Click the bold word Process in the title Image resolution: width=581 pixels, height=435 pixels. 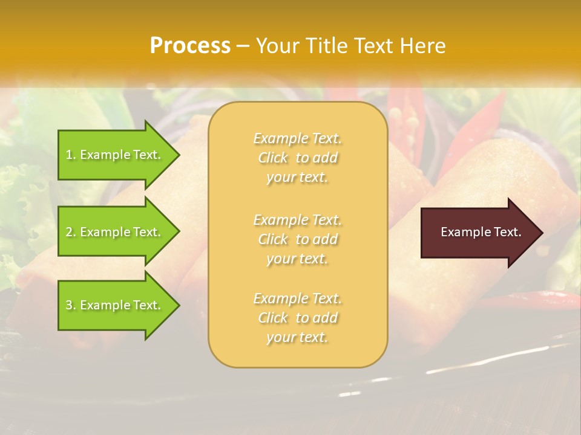[x=190, y=46]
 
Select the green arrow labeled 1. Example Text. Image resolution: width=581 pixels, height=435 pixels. [x=115, y=155]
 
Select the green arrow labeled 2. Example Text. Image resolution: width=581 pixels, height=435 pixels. [x=115, y=232]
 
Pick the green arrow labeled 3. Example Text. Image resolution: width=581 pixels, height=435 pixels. [x=115, y=305]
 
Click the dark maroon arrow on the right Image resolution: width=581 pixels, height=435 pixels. [x=478, y=233]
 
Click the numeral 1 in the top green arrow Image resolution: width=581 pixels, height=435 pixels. [x=69, y=155]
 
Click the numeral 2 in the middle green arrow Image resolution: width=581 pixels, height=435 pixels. [x=69, y=232]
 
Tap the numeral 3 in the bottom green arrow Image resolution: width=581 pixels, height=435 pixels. [x=69, y=305]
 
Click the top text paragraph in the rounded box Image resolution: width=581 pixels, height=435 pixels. [x=298, y=158]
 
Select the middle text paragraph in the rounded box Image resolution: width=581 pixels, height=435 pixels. [x=298, y=239]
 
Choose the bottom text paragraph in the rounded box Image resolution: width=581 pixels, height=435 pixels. [x=298, y=318]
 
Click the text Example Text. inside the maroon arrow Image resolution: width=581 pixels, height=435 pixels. [x=481, y=232]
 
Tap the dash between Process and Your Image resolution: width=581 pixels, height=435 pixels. [x=243, y=47]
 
